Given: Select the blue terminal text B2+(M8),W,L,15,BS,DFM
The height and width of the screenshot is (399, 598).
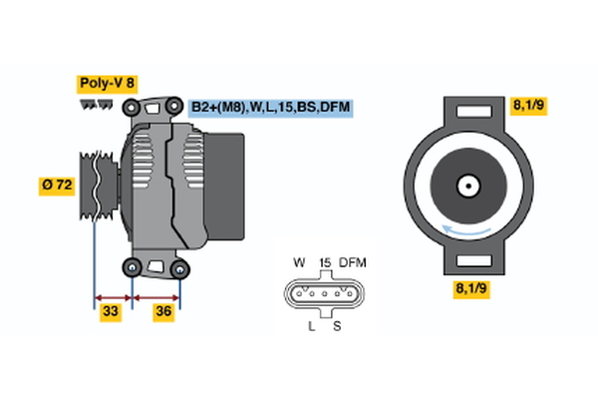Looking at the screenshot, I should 270,107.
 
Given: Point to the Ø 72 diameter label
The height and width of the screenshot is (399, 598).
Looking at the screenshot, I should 56,185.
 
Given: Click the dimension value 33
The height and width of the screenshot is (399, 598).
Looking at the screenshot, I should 111,311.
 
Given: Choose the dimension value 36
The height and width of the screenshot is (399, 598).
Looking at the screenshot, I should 162,311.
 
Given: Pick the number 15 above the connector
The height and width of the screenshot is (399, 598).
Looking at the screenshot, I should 324,262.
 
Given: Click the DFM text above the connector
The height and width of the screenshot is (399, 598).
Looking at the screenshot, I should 353,262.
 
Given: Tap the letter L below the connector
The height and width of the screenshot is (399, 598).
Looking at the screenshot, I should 312,326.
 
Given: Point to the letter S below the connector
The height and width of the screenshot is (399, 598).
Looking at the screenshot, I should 336,326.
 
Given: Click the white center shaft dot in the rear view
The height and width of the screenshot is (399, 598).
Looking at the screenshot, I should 466,185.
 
